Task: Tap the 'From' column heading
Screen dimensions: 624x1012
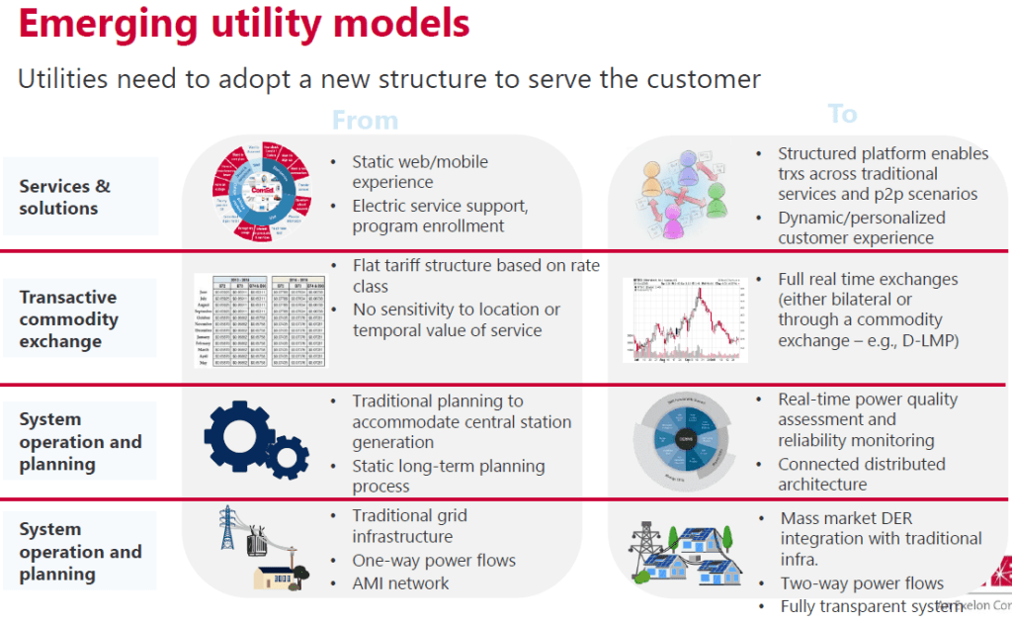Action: pos(365,121)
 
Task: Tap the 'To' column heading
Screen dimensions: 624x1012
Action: pos(842,114)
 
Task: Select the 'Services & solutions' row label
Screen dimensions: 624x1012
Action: pos(65,197)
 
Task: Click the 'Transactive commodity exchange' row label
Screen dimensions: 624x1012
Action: pos(69,319)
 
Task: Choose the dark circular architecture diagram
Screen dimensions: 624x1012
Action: pos(685,438)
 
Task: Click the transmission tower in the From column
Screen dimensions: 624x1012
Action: pos(228,529)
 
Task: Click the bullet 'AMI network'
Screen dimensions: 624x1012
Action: pos(400,583)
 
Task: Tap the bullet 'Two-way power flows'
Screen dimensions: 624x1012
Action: pos(862,583)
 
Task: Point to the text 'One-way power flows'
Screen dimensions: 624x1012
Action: pos(434,561)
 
